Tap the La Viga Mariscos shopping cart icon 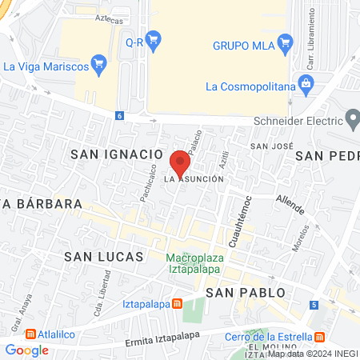click(x=99, y=64)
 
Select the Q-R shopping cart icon click(x=154, y=39)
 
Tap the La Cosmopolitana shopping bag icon click(x=305, y=83)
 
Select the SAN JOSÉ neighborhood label click(x=268, y=146)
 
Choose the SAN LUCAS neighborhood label click(x=104, y=257)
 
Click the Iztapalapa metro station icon click(x=176, y=304)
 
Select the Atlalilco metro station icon click(x=30, y=334)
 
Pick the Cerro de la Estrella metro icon click(x=320, y=335)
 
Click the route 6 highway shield click(x=119, y=115)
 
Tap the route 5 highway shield click(x=314, y=305)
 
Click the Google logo click(x=27, y=350)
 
